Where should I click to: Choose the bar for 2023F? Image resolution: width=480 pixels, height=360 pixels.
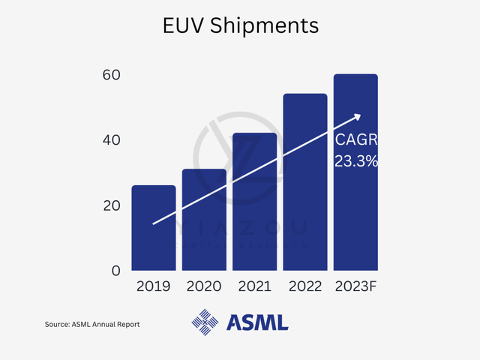point(355,172)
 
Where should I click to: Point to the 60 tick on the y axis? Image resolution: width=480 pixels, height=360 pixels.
point(112,75)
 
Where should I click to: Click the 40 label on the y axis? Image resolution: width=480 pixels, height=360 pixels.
point(112,140)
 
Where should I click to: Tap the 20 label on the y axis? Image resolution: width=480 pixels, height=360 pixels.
point(112,205)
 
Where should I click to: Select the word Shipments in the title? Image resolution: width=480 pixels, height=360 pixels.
point(265,26)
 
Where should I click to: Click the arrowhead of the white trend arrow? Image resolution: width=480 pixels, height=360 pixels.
point(357,116)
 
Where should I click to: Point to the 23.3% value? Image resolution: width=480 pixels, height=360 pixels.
point(356,160)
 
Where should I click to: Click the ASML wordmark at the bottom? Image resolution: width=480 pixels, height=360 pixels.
point(257,323)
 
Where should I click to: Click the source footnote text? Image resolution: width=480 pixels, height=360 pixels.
point(92,324)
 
